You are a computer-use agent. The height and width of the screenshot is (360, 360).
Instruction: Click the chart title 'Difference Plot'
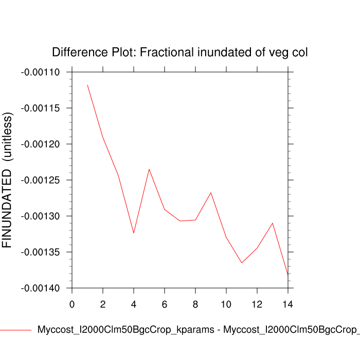tap(180, 52)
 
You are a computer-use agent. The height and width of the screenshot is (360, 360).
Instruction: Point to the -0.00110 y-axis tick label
tap(40, 73)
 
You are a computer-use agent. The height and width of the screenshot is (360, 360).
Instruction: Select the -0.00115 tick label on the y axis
tap(40, 109)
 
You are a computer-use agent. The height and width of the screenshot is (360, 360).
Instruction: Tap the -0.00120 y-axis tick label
tap(40, 145)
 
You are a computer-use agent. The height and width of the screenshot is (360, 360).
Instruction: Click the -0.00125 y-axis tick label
tap(40, 181)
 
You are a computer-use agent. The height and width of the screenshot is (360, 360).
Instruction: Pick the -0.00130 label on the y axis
tap(40, 217)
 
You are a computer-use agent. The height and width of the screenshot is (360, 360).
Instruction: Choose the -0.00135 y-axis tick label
tap(40, 253)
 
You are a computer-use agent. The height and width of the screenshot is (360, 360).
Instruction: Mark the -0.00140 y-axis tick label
tap(40, 289)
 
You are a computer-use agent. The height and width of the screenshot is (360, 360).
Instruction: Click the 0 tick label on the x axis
tap(72, 304)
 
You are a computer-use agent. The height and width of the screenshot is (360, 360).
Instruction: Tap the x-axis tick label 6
tap(165, 304)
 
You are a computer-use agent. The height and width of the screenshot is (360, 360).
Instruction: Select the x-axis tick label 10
tap(226, 304)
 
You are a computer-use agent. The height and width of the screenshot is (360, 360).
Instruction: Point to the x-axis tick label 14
tap(288, 304)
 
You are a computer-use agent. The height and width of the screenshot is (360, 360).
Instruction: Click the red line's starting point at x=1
tap(87, 85)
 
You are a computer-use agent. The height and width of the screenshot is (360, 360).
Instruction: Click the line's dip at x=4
tap(134, 233)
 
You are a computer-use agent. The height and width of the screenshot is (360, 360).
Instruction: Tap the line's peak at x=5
tap(149, 169)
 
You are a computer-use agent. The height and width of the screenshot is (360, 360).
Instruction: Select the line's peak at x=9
tap(211, 192)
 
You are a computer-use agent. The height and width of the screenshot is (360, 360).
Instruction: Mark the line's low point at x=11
tap(242, 263)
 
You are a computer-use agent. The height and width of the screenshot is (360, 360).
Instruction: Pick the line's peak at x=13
tap(273, 223)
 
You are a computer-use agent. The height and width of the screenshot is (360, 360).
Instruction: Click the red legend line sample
tap(15, 330)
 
